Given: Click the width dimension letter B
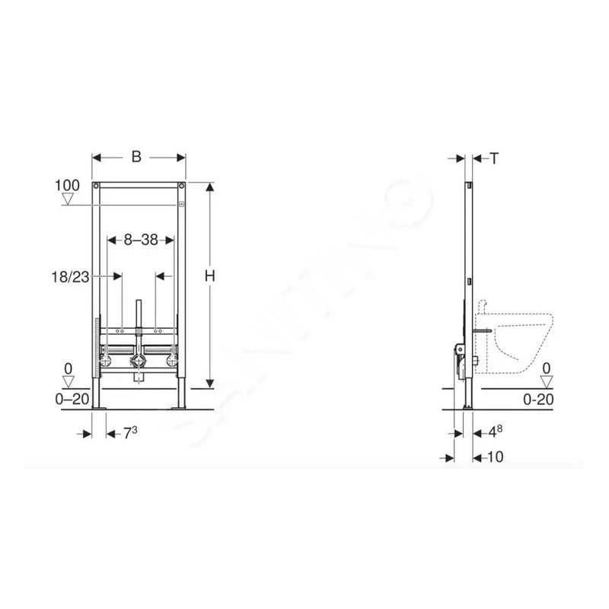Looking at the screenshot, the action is click(136, 157).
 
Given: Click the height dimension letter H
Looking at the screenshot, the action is click(210, 276).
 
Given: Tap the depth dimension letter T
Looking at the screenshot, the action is click(493, 158).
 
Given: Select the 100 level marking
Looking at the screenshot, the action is click(67, 185).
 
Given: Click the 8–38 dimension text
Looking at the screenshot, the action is click(141, 240).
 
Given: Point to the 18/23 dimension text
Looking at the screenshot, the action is click(70, 277).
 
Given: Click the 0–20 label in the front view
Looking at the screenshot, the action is click(72, 399).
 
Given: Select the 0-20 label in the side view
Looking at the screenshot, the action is click(538, 399).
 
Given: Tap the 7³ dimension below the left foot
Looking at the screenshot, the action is click(130, 433).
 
